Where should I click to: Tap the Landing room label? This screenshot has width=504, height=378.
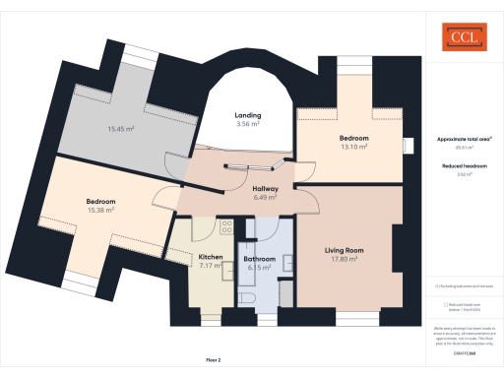click(247, 115)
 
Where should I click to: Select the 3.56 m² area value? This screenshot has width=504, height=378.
click(248, 125)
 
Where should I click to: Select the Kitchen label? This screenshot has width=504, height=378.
click(211, 257)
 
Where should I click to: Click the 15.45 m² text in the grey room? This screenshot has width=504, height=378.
click(120, 129)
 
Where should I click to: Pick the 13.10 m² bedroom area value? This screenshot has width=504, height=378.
click(353, 148)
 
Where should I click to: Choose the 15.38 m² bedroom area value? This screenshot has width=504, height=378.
click(101, 210)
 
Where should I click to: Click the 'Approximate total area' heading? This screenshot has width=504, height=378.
click(463, 139)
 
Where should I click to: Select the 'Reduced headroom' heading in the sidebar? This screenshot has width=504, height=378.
click(463, 167)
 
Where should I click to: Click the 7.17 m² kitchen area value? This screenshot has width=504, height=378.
click(212, 266)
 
